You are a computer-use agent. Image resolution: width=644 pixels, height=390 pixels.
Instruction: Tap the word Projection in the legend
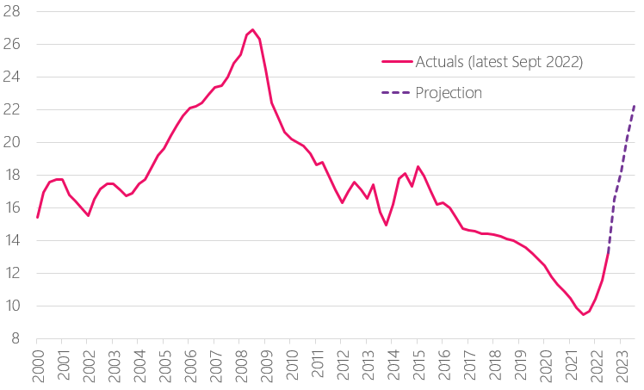(x=448, y=92)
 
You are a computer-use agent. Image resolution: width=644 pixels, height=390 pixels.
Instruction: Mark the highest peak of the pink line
(x=252, y=29)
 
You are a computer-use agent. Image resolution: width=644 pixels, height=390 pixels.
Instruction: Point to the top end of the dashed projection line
(x=635, y=105)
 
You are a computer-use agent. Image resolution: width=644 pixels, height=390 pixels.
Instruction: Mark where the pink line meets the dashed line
(x=609, y=250)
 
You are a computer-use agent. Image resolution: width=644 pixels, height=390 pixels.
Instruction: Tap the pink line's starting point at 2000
(x=38, y=217)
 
